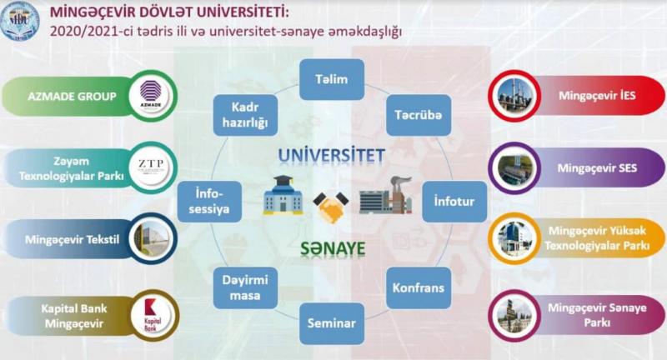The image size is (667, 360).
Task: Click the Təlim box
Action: coord(332,79)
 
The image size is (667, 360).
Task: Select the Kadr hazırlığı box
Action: coord(245,115)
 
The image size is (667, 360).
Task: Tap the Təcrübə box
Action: coord(419,115)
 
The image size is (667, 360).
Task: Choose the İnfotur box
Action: coord(454,202)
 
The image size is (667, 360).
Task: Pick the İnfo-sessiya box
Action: coord(209,202)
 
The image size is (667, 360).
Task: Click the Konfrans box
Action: coord(419,287)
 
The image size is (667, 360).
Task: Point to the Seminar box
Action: coord(332,323)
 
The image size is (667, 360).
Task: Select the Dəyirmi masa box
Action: coord(245,287)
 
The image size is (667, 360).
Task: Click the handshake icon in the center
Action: coord(331,207)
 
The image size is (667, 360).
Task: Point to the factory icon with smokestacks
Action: coord(386,195)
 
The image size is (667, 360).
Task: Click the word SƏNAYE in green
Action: coord(333,248)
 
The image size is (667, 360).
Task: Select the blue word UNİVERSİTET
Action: coord(332,156)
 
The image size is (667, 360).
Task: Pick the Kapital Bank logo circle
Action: coord(153,316)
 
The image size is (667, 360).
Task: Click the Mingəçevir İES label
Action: coord(597,96)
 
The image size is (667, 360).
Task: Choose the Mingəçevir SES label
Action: coord(597,168)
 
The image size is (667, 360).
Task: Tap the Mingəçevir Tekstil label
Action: coord(72,240)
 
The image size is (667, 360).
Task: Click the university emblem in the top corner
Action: coord(20,21)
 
